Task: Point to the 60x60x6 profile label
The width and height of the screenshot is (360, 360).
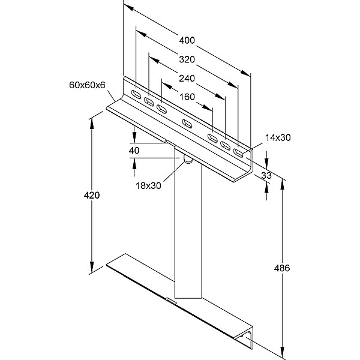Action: pos(88,85)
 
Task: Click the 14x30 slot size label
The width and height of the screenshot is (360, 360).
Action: pos(277,137)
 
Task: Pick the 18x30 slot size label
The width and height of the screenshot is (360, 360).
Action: pos(148,185)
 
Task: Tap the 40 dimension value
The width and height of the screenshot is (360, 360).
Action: pos(134,151)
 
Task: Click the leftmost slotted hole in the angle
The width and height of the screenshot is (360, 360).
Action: pos(137,94)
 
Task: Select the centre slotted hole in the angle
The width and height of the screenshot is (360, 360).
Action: pos(187,124)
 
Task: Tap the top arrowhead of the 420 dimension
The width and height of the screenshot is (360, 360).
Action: pos(92,120)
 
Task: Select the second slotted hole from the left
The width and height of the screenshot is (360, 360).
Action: pos(149,101)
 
